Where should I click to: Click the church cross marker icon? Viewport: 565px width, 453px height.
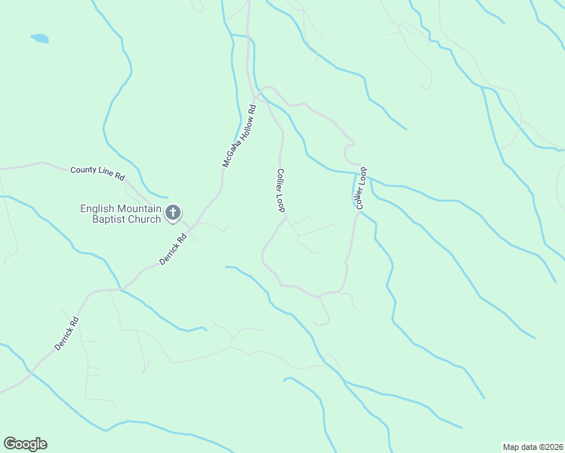point(173,213)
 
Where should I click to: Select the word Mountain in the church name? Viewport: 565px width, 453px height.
point(140,209)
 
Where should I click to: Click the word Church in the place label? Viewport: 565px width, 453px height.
point(144,220)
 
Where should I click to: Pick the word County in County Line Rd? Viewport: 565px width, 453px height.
point(84,171)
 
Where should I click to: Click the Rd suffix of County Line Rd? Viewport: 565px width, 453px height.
point(119,175)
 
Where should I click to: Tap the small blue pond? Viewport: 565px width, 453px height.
point(39,38)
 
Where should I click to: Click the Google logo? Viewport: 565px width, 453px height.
point(25,444)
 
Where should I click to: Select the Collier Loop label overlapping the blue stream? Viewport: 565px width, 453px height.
point(361,187)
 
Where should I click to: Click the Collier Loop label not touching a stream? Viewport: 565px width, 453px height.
point(279,190)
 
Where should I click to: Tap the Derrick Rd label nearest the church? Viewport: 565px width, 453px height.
point(172,249)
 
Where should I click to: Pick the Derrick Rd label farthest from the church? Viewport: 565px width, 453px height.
point(66,333)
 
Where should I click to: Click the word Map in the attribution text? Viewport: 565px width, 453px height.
point(511,446)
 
